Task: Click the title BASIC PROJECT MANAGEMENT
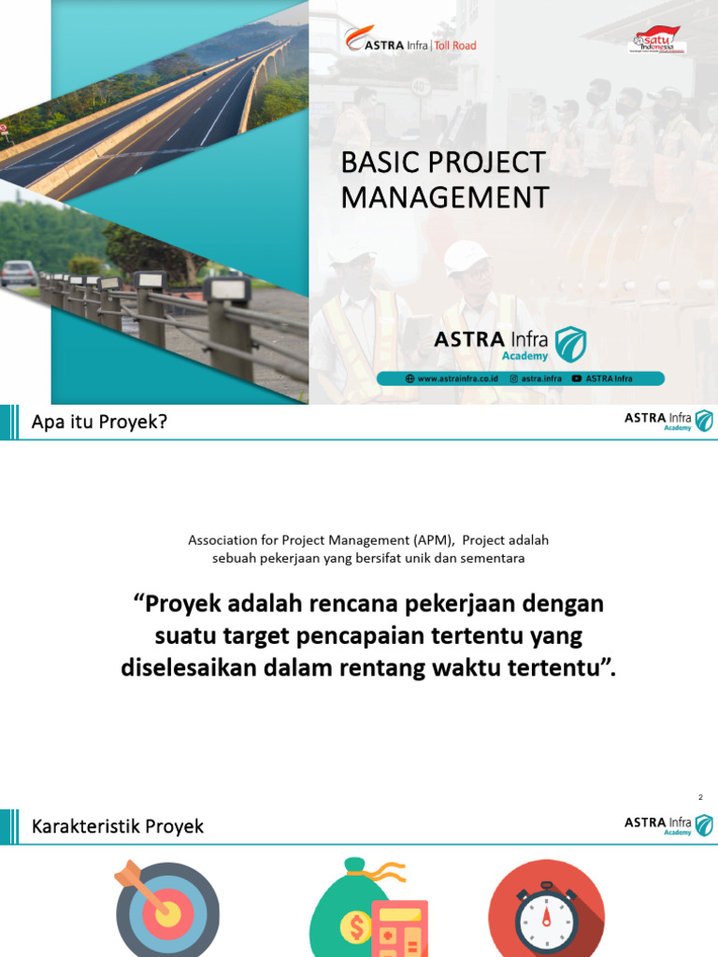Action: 444,179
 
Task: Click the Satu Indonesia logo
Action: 658,40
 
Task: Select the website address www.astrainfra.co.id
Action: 452,379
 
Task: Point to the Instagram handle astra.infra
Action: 536,379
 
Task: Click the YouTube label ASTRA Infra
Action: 602,379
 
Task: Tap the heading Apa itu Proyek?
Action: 99,422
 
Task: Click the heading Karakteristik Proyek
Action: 118,826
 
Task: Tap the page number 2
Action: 700,797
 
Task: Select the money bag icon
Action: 351,907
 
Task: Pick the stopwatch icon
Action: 547,912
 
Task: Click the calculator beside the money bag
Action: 399,930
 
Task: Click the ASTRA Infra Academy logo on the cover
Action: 510,344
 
